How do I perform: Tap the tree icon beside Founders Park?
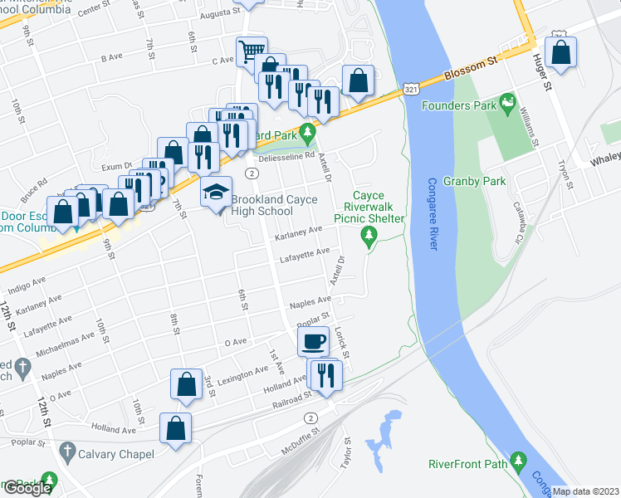(x=506, y=105)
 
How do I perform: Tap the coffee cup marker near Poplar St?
(x=314, y=340)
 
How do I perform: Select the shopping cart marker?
(x=251, y=51)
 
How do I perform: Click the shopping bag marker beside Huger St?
(x=561, y=51)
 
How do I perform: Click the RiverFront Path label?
(x=468, y=464)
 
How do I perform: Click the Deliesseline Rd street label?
(x=287, y=155)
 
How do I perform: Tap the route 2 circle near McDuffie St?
(x=310, y=417)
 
